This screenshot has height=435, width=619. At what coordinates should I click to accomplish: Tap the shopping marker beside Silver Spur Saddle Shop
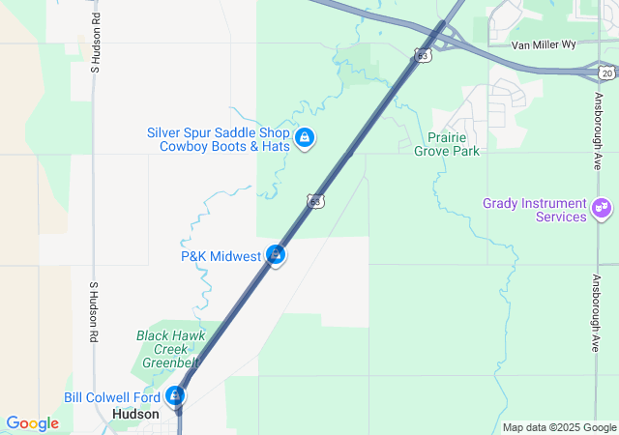(305, 139)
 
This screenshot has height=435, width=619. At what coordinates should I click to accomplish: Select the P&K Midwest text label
(221, 256)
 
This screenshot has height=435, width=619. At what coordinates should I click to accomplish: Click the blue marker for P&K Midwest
(276, 255)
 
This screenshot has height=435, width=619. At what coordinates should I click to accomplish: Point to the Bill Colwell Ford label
(112, 397)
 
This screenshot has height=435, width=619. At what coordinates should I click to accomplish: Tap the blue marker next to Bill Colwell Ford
(175, 395)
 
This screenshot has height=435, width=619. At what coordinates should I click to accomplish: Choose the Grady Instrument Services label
(535, 210)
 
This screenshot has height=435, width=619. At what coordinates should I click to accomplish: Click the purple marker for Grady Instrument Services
(602, 207)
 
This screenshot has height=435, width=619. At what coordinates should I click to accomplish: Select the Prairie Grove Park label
(447, 144)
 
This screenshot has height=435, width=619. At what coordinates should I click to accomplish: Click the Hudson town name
(135, 413)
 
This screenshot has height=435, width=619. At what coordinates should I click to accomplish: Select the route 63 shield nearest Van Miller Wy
(423, 56)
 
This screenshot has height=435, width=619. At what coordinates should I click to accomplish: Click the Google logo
(32, 423)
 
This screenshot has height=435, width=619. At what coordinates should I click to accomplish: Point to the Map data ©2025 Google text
(559, 427)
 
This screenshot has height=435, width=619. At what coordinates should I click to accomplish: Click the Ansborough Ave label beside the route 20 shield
(599, 119)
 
